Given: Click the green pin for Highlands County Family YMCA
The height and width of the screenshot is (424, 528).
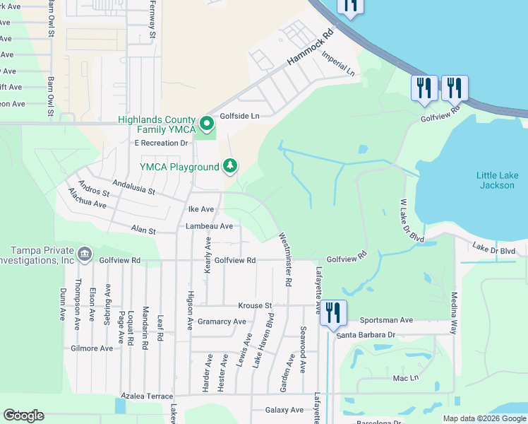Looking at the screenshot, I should (206, 124).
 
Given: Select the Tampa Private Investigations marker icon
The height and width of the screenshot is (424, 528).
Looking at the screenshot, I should (84, 253).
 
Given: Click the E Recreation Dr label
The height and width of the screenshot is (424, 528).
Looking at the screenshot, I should (163, 143).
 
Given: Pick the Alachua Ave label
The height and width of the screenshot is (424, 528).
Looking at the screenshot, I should (87, 198).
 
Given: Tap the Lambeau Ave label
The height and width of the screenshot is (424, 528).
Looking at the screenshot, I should (209, 226).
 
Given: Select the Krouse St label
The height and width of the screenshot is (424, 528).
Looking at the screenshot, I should (255, 305).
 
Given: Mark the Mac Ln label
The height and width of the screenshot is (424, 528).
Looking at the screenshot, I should (402, 379).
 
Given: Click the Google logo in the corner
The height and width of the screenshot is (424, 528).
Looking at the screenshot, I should (23, 416).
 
